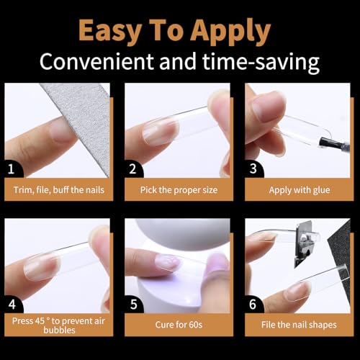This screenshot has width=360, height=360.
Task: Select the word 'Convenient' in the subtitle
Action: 102,62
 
